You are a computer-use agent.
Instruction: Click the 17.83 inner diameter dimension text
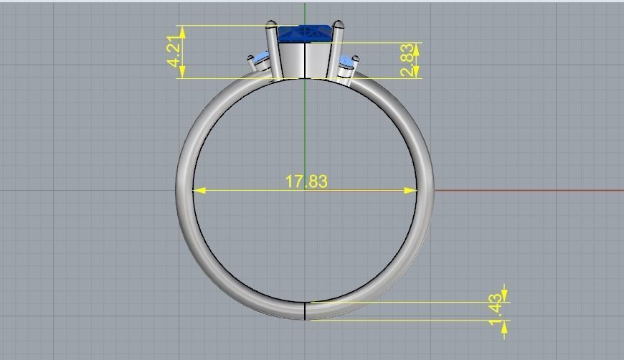306,181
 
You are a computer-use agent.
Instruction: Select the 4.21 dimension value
174,52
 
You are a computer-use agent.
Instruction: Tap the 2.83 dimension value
407,60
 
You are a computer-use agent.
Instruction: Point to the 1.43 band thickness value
496,311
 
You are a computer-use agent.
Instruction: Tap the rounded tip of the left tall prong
272,25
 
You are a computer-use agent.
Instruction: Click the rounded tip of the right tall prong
338,26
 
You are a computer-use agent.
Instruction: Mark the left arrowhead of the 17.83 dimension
199,191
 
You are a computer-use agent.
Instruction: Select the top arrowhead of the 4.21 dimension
183,31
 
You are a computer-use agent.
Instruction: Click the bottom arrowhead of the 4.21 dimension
183,72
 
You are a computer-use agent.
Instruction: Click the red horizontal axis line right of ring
531,191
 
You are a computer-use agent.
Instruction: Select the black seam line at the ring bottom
306,311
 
